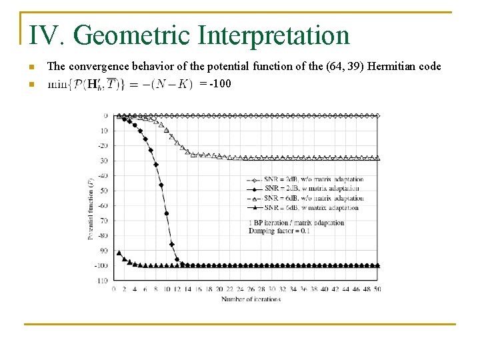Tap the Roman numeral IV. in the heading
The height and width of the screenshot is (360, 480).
(49, 36)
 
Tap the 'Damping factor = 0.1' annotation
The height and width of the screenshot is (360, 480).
(279, 231)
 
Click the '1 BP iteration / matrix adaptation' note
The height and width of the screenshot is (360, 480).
(297, 223)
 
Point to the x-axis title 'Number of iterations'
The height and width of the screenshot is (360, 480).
(251, 299)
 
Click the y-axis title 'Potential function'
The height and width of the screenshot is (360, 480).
(91, 209)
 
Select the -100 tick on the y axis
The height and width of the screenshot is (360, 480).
(101, 265)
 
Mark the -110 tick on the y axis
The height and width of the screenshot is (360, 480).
(101, 281)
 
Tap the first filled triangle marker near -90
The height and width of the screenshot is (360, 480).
(119, 253)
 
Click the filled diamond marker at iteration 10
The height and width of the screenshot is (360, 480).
(166, 214)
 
